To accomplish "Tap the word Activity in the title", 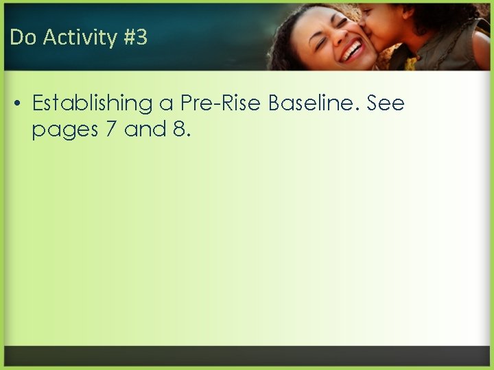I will click(x=75, y=38).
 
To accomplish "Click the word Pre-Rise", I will click(x=221, y=103).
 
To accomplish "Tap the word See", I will click(x=386, y=103).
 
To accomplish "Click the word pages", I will click(x=64, y=129).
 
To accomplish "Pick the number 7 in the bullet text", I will click(x=111, y=129).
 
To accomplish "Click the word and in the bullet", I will click(x=145, y=129).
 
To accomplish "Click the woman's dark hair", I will click(x=281, y=41).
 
